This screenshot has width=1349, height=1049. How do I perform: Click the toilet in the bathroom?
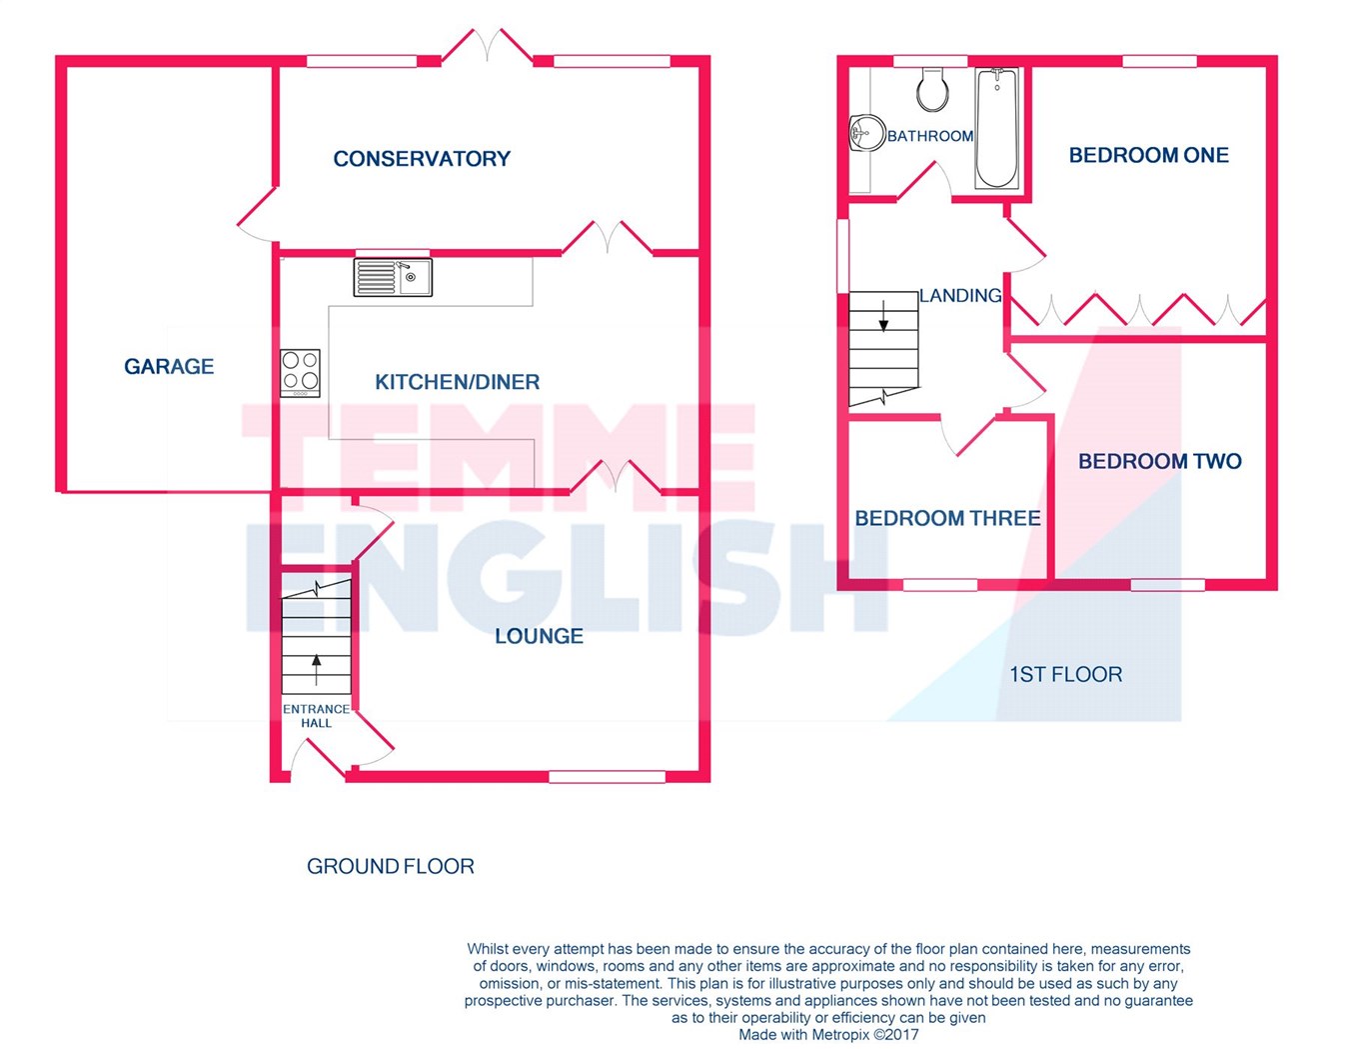click(932, 89)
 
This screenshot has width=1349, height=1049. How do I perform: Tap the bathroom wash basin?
click(865, 132)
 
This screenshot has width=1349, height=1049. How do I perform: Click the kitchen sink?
click(393, 277)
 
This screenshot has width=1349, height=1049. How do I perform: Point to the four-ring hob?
click(300, 373)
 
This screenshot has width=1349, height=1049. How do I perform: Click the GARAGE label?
click(169, 366)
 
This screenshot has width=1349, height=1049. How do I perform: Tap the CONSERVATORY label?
click(422, 159)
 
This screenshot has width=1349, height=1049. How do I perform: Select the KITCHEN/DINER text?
click(457, 382)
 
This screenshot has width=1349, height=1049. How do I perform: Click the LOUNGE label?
click(539, 636)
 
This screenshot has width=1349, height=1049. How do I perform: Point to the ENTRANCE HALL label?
click(316, 716)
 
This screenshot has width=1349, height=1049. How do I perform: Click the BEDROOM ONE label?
click(1148, 155)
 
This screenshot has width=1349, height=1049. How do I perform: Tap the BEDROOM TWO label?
click(1160, 461)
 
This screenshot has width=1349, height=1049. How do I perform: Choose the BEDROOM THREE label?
click(947, 519)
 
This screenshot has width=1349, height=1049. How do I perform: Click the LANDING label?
click(960, 296)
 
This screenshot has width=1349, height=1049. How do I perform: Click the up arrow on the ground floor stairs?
click(317, 670)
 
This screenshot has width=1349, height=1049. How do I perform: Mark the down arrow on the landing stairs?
click(883, 316)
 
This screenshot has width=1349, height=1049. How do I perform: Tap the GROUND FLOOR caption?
click(391, 866)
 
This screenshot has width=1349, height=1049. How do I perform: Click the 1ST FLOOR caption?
click(1066, 674)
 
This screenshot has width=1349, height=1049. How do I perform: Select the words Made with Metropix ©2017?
click(828, 1035)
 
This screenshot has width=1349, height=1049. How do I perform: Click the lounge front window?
click(608, 776)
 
